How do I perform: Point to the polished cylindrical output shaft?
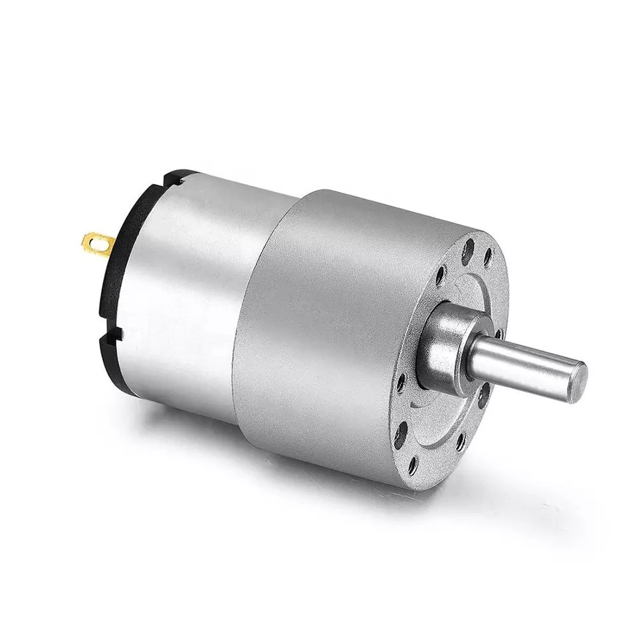pyautogui.click(x=525, y=362)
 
